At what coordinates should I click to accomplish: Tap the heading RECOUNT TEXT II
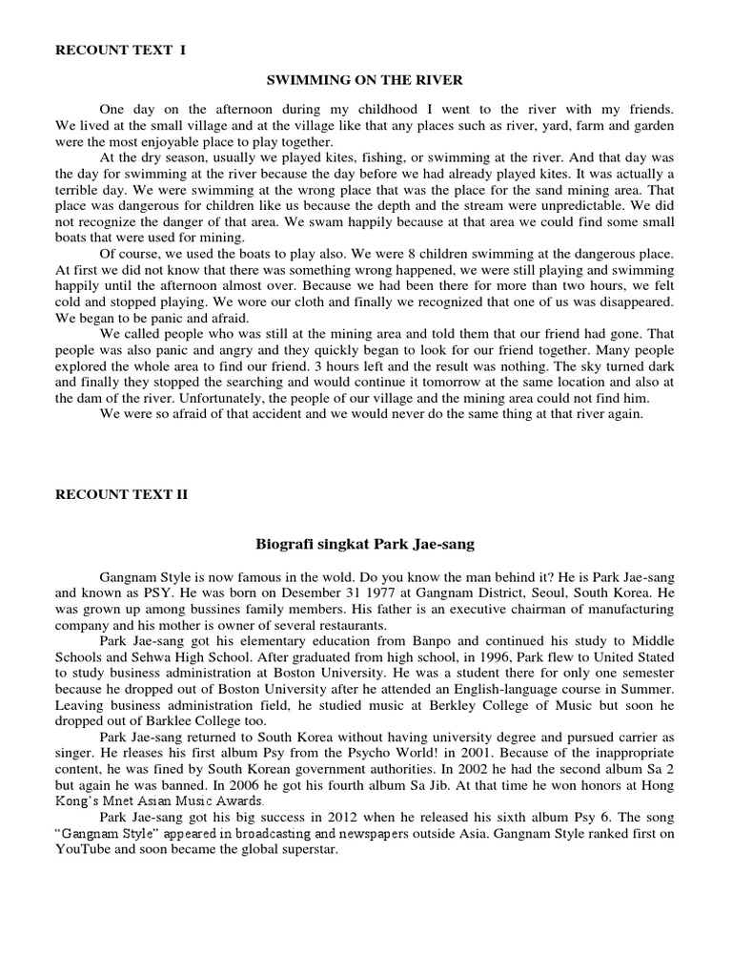coord(123,494)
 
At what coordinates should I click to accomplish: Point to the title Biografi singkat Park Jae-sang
coord(366,544)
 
